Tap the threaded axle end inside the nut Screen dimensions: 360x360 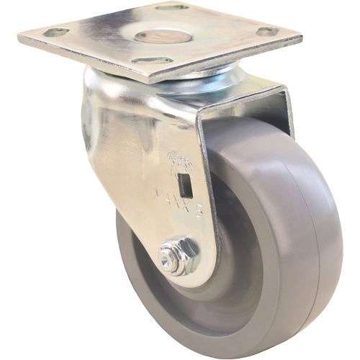tap(172, 256)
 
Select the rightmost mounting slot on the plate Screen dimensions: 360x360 tap(267, 32)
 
